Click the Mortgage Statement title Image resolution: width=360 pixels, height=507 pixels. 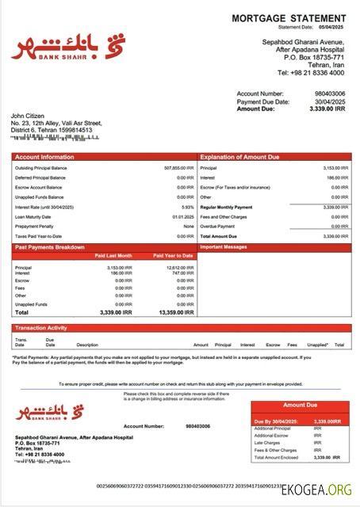[x=289, y=18]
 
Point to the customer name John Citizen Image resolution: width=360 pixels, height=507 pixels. [x=28, y=116]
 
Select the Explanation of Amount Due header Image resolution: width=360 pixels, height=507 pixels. [x=239, y=157]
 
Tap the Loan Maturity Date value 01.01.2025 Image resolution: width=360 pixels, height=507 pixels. [x=183, y=216]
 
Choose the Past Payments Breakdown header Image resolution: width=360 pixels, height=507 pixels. [x=49, y=247]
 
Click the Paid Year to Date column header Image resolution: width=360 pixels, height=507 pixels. [x=174, y=256]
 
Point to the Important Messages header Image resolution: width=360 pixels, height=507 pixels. [x=226, y=247]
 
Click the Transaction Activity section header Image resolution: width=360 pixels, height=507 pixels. [x=40, y=327]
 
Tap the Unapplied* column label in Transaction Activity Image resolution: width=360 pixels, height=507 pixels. [x=317, y=345]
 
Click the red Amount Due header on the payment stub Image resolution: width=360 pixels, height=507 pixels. [x=299, y=405]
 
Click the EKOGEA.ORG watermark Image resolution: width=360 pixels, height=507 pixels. [x=317, y=491]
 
